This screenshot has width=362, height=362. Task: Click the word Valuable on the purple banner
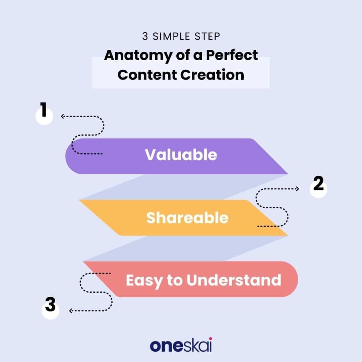(181, 155)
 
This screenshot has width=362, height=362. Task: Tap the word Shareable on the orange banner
(187, 218)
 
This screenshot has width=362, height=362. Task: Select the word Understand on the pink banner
(234, 280)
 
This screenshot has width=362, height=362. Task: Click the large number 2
(318, 183)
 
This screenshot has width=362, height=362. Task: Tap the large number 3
(50, 304)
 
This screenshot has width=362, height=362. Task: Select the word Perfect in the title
(232, 55)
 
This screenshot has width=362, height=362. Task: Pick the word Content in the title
(147, 75)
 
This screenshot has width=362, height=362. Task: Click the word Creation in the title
(212, 75)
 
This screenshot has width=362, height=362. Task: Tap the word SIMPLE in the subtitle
(171, 37)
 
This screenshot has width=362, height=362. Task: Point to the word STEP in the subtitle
(207, 37)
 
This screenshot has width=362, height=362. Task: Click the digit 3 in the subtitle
(145, 37)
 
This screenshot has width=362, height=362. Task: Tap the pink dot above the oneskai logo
(210, 339)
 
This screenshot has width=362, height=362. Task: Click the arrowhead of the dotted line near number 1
(62, 116)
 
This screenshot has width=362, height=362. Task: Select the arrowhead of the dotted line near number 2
(298, 189)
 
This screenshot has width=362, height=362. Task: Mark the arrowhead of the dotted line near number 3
(71, 311)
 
